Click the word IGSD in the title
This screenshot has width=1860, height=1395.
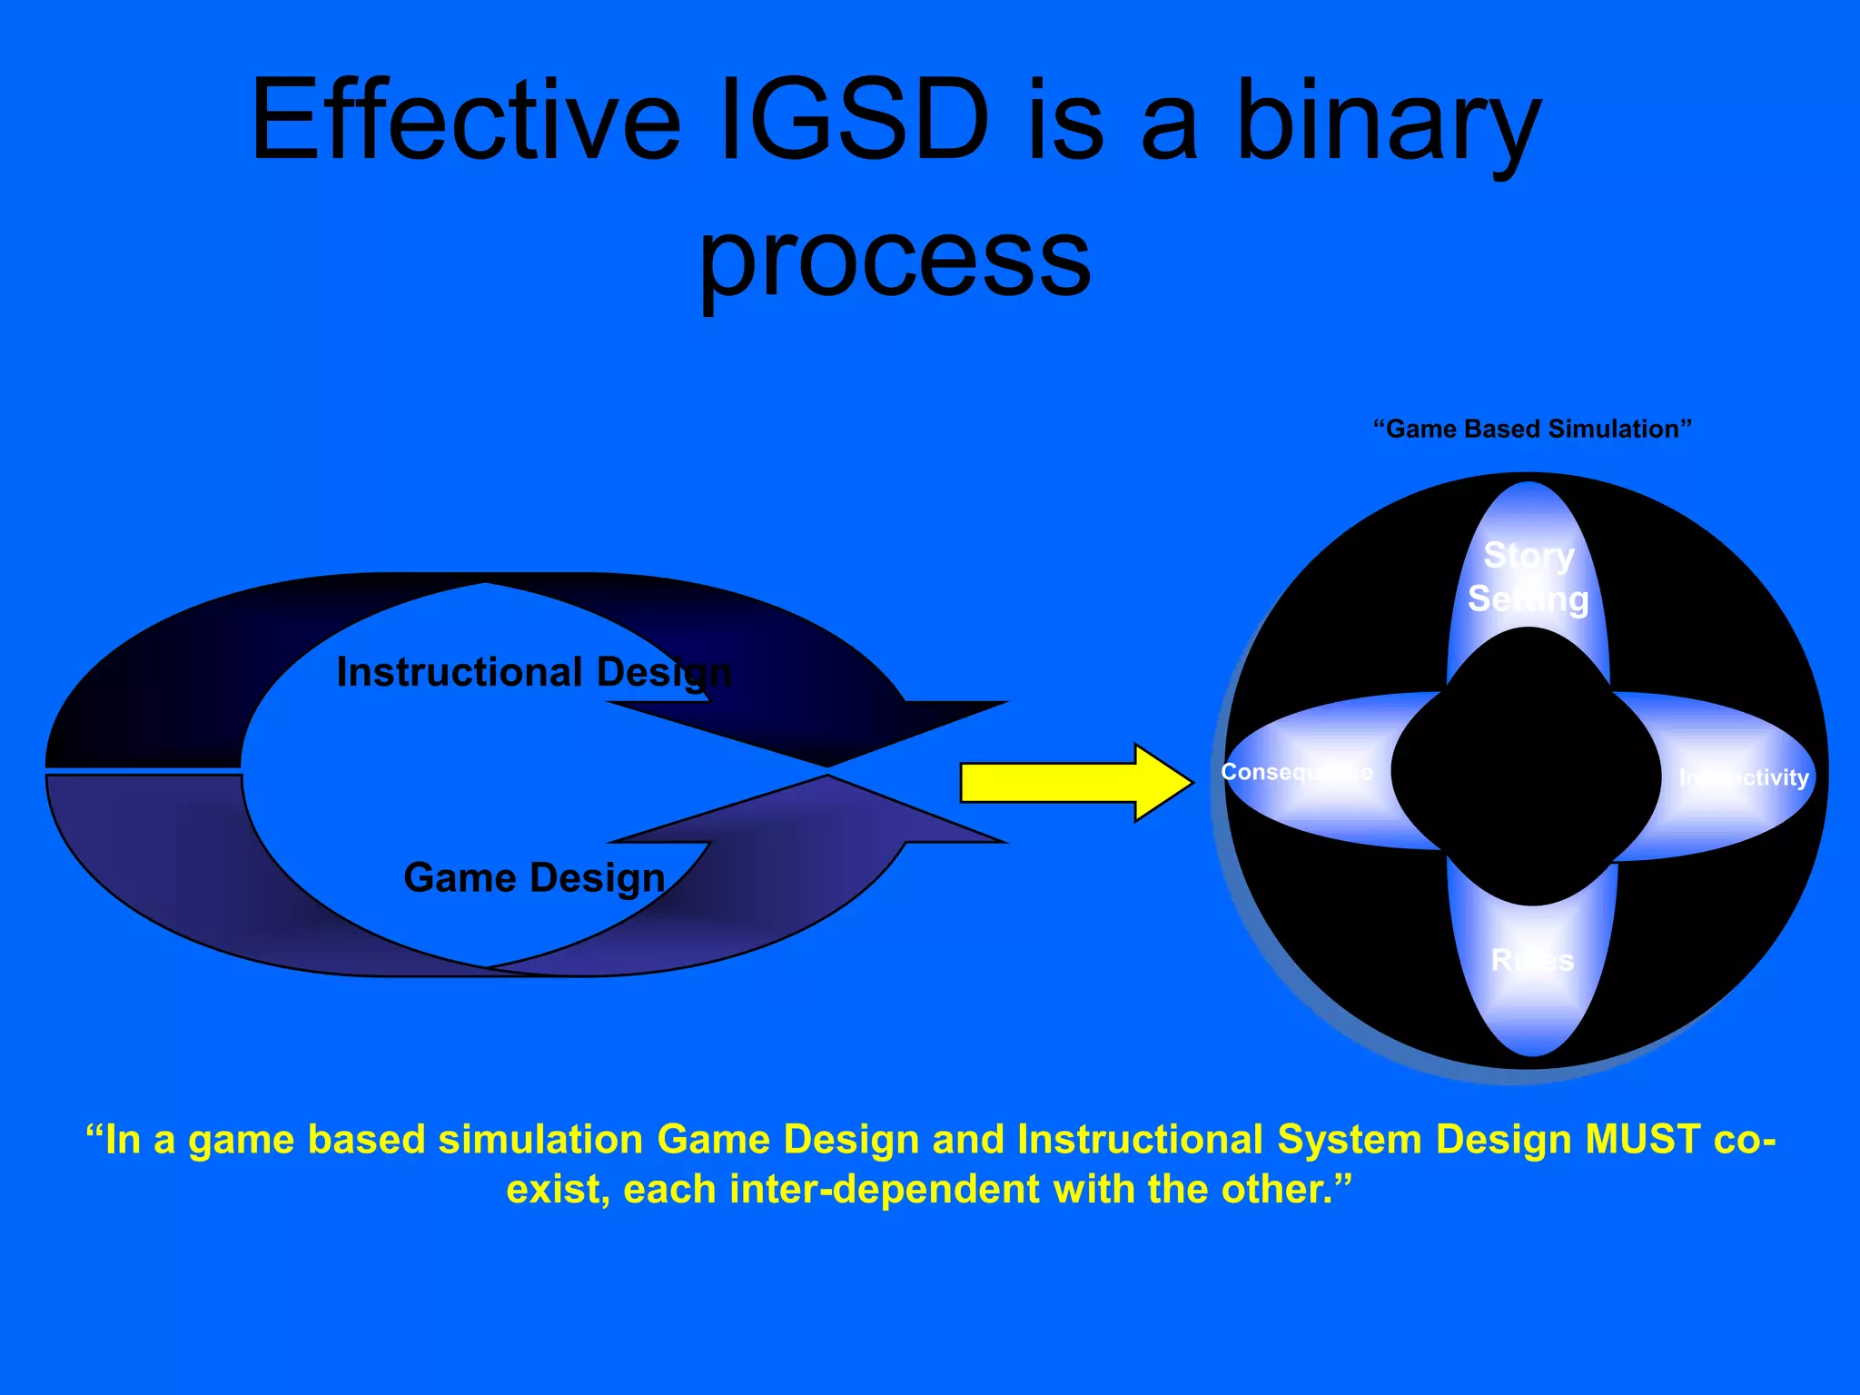854,120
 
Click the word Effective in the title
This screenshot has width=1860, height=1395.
466,120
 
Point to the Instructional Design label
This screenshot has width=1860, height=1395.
534,673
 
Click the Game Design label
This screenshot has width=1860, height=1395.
534,878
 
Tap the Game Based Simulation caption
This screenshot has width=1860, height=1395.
1532,429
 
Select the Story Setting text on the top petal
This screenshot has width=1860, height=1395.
1529,578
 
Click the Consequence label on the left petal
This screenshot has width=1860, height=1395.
1296,772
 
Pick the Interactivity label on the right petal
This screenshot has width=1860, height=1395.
1744,777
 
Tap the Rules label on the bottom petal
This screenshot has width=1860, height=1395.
1532,960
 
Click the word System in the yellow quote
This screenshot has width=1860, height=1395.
1350,1140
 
